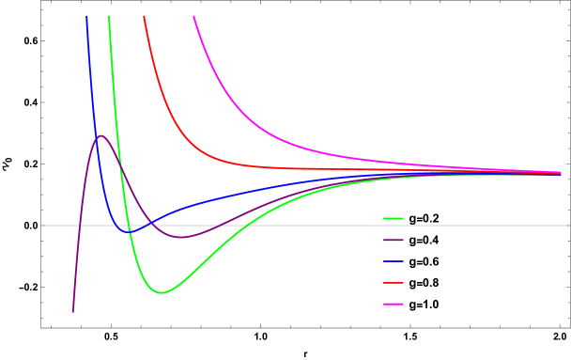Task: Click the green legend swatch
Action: pos(394,218)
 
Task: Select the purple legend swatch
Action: pos(394,240)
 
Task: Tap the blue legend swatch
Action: pos(394,261)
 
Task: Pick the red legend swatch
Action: pos(394,282)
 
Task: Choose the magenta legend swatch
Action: pos(394,304)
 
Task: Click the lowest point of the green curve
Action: pos(162,292)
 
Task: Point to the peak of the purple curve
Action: pos(100,135)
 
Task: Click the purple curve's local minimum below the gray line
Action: pos(182,237)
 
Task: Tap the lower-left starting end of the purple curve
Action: pos(73,311)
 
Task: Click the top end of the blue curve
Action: pos(87,16)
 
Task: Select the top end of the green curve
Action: pos(109,16)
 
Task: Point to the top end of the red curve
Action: pos(144,16)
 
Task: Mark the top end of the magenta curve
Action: pos(194,16)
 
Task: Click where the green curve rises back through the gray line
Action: pos(259,226)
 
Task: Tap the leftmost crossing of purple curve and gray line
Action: pos(81,226)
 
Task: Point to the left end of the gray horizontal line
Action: pos(41,226)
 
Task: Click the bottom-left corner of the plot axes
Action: pos(41,327)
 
